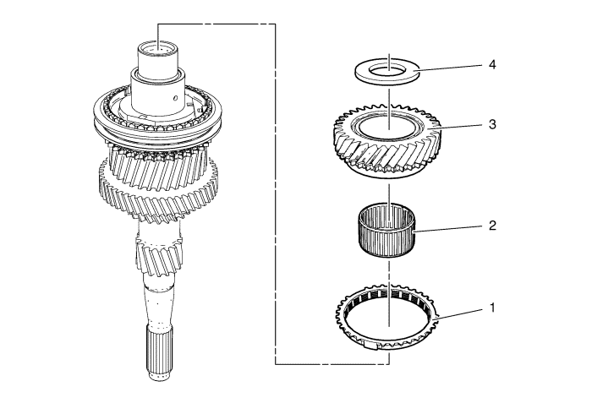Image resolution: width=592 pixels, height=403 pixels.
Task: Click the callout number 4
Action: pyautogui.click(x=492, y=65)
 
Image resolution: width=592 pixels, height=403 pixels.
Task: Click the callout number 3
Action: pyautogui.click(x=492, y=124)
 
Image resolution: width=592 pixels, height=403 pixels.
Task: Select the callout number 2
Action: pyautogui.click(x=492, y=226)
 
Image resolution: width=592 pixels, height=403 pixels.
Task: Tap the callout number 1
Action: pyautogui.click(x=492, y=308)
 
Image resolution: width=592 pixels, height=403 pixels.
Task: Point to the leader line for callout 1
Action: pyautogui.click(x=458, y=314)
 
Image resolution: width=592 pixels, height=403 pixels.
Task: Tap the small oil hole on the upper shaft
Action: pyautogui.click(x=175, y=98)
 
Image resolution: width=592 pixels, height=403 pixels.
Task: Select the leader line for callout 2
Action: pyautogui.click(x=447, y=229)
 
